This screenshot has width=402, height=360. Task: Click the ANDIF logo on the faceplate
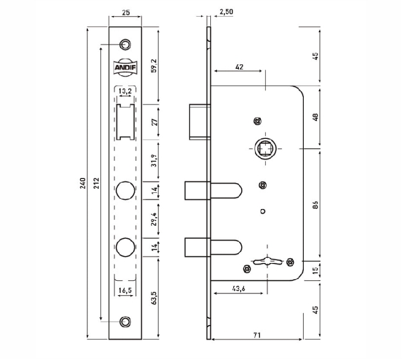[125, 67]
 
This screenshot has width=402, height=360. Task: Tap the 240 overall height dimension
[83, 183]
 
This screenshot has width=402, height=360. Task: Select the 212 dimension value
[96, 183]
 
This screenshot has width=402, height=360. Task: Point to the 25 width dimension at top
[126, 12]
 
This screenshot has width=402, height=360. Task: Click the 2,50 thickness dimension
[226, 12]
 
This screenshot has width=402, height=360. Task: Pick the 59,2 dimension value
[154, 65]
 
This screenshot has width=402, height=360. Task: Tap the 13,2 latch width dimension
[125, 91]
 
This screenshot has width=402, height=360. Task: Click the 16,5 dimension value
[125, 291]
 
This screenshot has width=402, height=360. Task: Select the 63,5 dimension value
[154, 297]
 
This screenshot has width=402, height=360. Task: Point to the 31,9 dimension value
[154, 161]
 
